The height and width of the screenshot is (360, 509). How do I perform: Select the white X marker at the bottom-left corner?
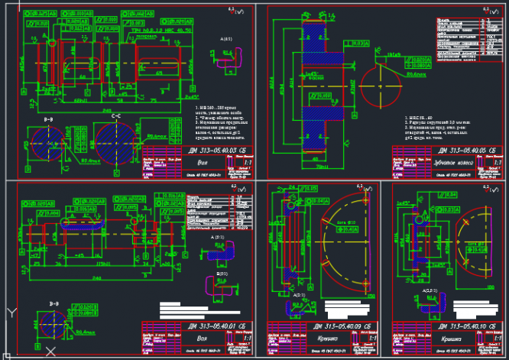click(x=50, y=351)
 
